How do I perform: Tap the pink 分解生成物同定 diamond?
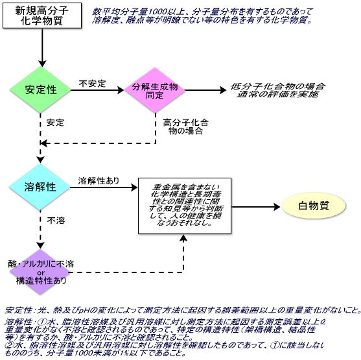pos(155,91)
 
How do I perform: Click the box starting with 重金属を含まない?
pos(185,206)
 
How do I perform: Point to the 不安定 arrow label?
pos(92,84)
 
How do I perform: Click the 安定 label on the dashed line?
pos(56,122)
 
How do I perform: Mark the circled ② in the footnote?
pos(8,344)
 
